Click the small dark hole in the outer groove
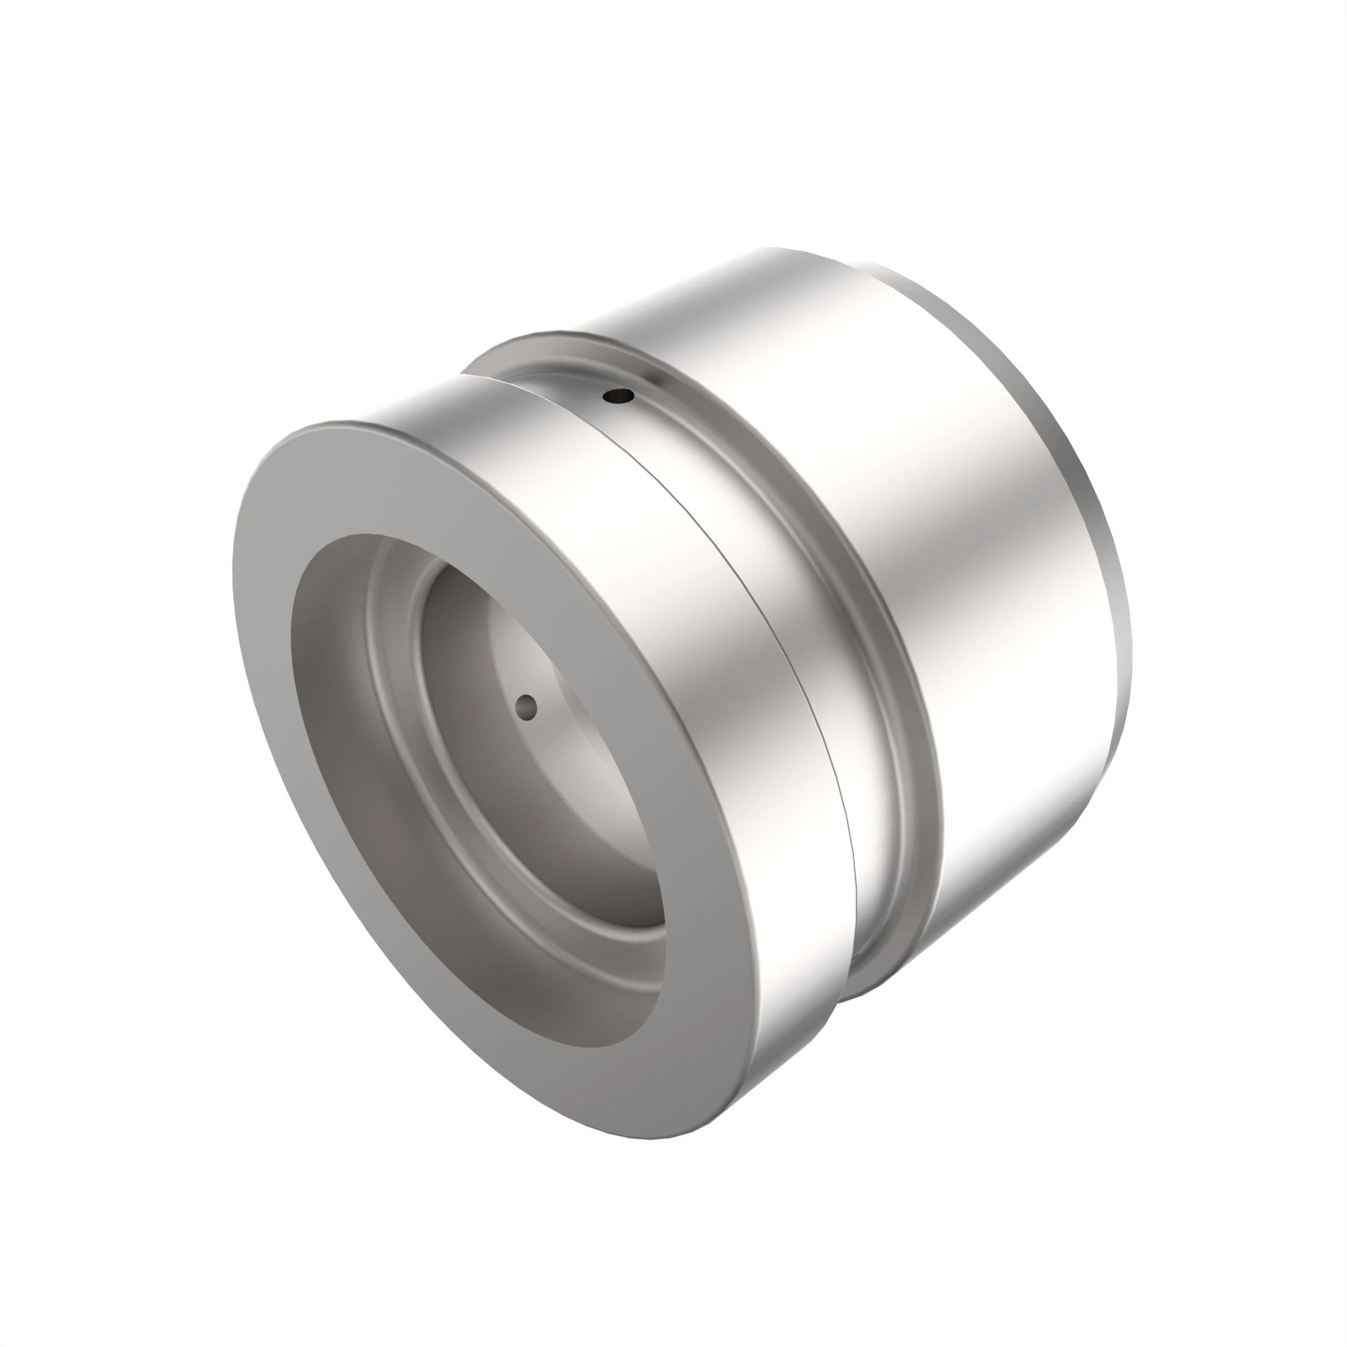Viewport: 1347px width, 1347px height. (x=618, y=397)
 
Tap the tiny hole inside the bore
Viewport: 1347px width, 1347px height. (x=527, y=708)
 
